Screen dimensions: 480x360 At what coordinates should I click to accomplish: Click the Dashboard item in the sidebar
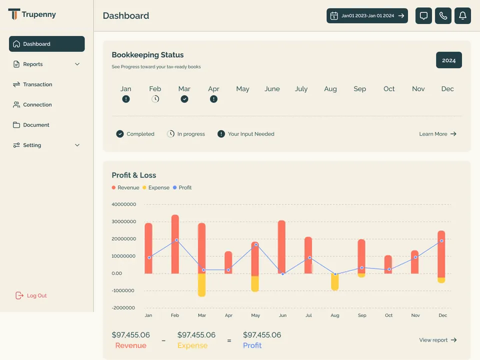[47, 44]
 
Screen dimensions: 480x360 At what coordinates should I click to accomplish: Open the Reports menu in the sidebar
[47, 64]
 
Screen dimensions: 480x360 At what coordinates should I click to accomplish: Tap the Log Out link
[31, 295]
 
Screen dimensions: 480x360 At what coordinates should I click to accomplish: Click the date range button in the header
[367, 15]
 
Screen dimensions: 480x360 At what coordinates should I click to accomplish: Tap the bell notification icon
[462, 15]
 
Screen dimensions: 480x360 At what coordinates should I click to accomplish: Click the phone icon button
[443, 15]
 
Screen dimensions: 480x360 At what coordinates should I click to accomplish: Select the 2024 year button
[449, 60]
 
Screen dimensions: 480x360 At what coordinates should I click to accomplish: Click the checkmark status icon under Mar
[184, 99]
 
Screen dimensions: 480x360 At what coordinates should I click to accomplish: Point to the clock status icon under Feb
[155, 99]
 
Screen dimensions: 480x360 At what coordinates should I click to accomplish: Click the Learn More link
[438, 134]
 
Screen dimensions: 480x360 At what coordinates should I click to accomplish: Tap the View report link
[438, 340]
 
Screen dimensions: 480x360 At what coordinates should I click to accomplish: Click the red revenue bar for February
[175, 244]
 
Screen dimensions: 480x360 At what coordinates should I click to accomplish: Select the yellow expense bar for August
[335, 282]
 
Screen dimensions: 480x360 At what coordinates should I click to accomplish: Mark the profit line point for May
[256, 244]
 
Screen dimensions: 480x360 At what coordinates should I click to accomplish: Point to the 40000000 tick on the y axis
[123, 204]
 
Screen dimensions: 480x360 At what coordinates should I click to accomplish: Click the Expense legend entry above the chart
[156, 187]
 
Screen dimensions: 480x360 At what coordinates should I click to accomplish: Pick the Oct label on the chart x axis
[388, 315]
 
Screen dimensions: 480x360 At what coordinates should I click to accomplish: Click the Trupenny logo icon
[14, 14]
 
